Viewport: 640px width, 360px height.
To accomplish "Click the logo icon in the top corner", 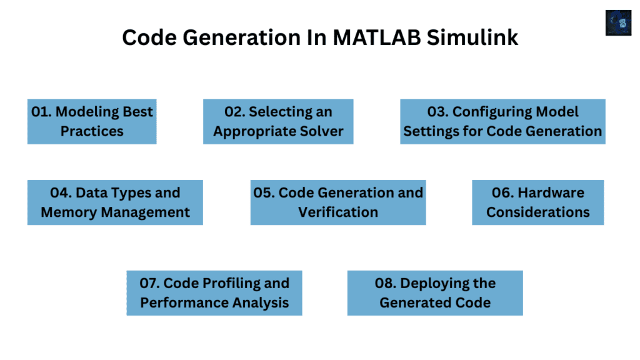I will point(618,22).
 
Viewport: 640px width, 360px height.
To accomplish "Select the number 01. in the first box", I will point(42,112).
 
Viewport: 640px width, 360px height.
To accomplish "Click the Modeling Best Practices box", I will point(92,121).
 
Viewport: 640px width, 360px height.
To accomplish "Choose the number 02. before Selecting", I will point(234,112).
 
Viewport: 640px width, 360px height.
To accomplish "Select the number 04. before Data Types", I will point(61,192).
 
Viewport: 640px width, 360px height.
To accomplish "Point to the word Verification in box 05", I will point(337,212).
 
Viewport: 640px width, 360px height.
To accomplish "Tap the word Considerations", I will point(537,212).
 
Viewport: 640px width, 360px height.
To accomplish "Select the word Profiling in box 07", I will point(216,283).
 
